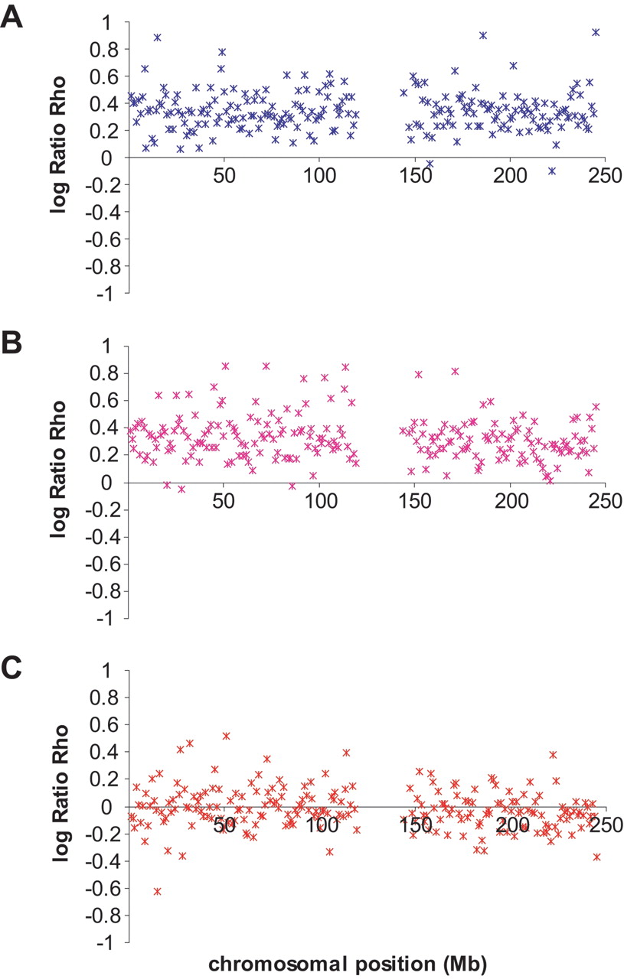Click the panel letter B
click(x=11, y=343)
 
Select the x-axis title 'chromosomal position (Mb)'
click(x=348, y=964)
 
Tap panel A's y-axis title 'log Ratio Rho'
click(x=59, y=145)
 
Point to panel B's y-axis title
click(x=59, y=469)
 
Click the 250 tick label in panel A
click(x=605, y=175)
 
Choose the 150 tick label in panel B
click(x=414, y=501)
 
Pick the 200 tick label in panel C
click(x=511, y=825)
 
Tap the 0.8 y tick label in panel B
click(x=104, y=374)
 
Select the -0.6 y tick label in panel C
click(x=102, y=888)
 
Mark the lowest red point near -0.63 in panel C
click(x=158, y=891)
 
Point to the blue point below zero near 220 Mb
click(x=552, y=171)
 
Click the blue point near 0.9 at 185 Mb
click(x=482, y=35)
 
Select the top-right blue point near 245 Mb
click(x=596, y=32)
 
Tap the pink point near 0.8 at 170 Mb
click(x=455, y=372)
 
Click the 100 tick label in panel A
click(x=320, y=175)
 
